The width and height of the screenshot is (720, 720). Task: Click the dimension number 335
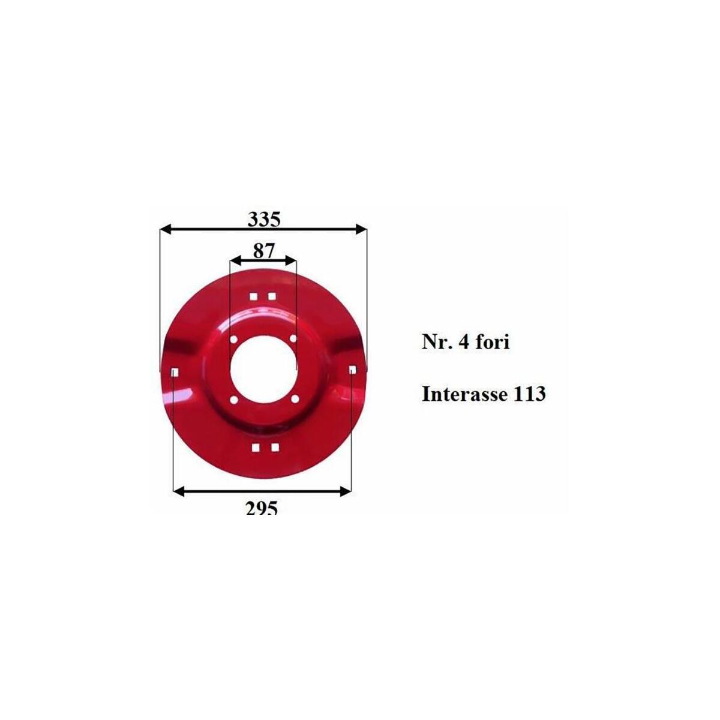point(264,220)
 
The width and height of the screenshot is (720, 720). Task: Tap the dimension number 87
point(264,251)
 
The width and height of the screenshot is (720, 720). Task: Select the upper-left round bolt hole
point(234,340)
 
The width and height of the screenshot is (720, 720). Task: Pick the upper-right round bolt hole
point(293,338)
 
